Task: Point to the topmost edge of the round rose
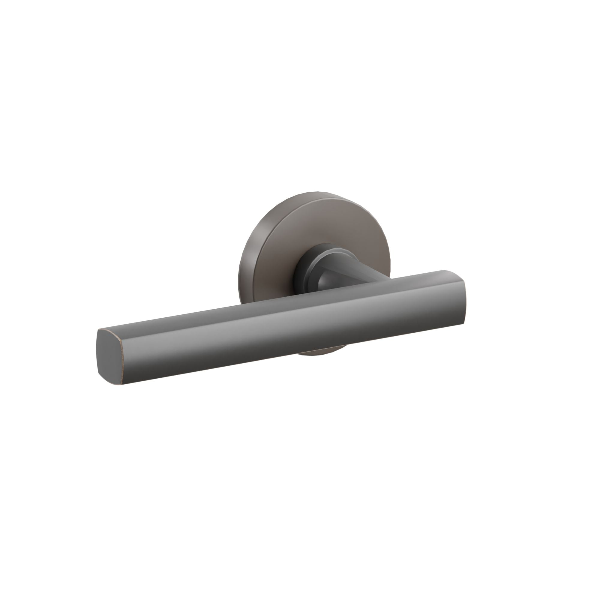point(314,192)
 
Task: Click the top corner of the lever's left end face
point(103,330)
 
